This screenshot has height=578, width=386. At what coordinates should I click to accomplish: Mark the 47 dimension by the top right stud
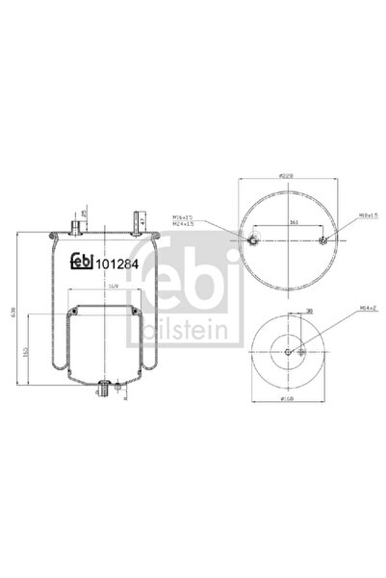click(142, 221)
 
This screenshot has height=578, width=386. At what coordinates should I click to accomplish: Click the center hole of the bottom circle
click(291, 352)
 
